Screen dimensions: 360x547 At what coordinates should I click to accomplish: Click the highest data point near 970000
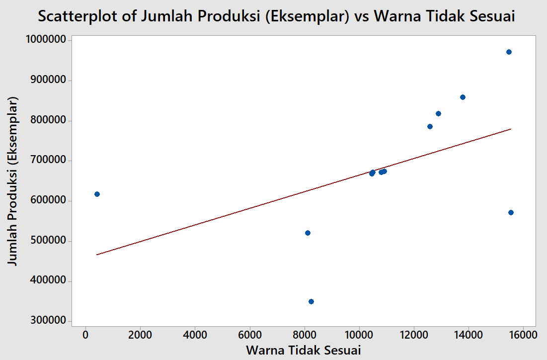pyautogui.click(x=509, y=52)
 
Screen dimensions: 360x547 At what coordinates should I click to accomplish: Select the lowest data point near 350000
pyautogui.click(x=311, y=301)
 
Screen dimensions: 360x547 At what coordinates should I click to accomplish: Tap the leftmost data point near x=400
pyautogui.click(x=97, y=194)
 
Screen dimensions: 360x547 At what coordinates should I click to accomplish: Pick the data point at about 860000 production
pyautogui.click(x=463, y=97)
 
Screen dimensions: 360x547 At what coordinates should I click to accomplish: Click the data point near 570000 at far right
pyautogui.click(x=511, y=212)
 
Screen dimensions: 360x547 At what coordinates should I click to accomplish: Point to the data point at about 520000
pyautogui.click(x=308, y=233)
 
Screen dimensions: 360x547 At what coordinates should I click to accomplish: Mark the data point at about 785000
pyautogui.click(x=430, y=126)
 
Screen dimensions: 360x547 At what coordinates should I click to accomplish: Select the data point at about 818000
pyautogui.click(x=438, y=113)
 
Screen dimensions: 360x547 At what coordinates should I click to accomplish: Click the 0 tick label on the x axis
pyautogui.click(x=85, y=335)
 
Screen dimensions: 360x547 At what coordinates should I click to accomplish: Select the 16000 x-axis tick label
pyautogui.click(x=522, y=335)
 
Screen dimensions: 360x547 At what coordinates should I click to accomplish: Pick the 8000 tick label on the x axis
pyautogui.click(x=305, y=335)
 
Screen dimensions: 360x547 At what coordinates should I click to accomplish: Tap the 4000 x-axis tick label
pyautogui.click(x=195, y=335)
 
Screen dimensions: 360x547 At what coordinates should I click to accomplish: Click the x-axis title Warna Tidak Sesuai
pyautogui.click(x=303, y=350)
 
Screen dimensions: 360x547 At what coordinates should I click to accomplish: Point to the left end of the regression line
pyautogui.click(x=97, y=255)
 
